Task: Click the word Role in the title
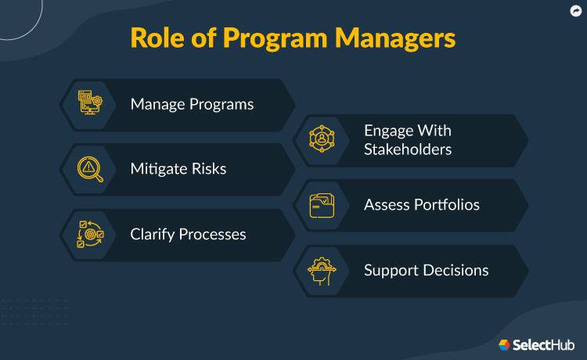point(157,38)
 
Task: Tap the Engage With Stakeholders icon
point(322,139)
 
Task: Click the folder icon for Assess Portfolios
point(322,205)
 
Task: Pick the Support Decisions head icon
point(322,271)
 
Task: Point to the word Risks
point(208,169)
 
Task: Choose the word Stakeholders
point(408,149)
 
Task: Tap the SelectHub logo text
point(544,344)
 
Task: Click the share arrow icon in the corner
point(575,10)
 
